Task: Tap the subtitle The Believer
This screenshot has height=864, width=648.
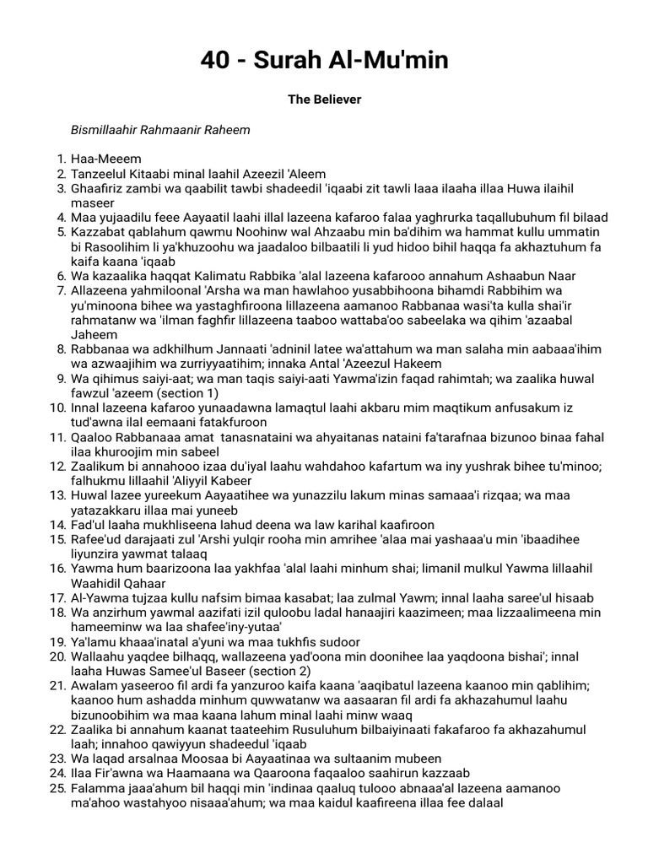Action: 324,100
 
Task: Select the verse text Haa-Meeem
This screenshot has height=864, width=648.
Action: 106,159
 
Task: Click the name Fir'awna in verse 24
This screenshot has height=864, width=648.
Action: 116,773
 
